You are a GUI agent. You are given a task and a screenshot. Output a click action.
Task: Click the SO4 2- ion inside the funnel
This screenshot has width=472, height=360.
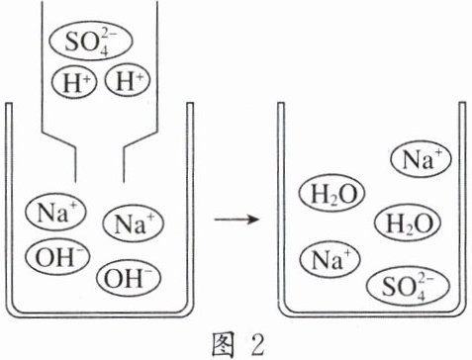tap(91, 42)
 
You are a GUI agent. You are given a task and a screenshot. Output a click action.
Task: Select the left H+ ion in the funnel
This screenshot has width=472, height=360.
tap(74, 81)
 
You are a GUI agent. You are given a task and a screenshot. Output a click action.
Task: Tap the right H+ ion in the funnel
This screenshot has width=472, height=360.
tap(128, 80)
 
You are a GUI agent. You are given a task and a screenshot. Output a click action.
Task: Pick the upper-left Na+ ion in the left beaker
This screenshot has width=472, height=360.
tap(55, 212)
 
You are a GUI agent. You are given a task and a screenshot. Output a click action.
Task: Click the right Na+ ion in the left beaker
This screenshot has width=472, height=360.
tap(134, 224)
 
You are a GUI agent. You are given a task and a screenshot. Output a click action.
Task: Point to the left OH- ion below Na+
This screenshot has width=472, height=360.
tap(57, 257)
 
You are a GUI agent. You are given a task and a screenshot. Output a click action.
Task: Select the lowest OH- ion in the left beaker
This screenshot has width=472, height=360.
tap(129, 277)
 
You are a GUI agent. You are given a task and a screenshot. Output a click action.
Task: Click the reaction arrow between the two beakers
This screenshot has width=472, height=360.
tap(236, 219)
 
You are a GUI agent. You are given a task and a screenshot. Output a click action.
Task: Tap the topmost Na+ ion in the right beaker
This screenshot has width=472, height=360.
tap(421, 159)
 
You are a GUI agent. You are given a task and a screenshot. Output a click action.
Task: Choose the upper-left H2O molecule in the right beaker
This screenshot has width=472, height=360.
tap(331, 194)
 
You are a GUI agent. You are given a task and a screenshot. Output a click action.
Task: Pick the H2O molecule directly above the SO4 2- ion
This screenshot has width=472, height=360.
tap(408, 223)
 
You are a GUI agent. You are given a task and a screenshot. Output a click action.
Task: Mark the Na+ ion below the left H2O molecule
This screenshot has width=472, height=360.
tap(330, 259)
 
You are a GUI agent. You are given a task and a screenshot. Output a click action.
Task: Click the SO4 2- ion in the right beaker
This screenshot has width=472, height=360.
tap(409, 286)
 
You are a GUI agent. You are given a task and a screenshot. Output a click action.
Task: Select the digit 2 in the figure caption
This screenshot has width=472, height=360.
tap(255, 345)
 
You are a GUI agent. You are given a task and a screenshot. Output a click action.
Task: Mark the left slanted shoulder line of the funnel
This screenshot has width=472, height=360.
tap(58, 140)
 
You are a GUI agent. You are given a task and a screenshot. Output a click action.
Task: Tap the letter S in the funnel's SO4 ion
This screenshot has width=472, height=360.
tap(72, 43)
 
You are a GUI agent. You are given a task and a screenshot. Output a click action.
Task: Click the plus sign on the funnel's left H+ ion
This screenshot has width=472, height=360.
tap(87, 78)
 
